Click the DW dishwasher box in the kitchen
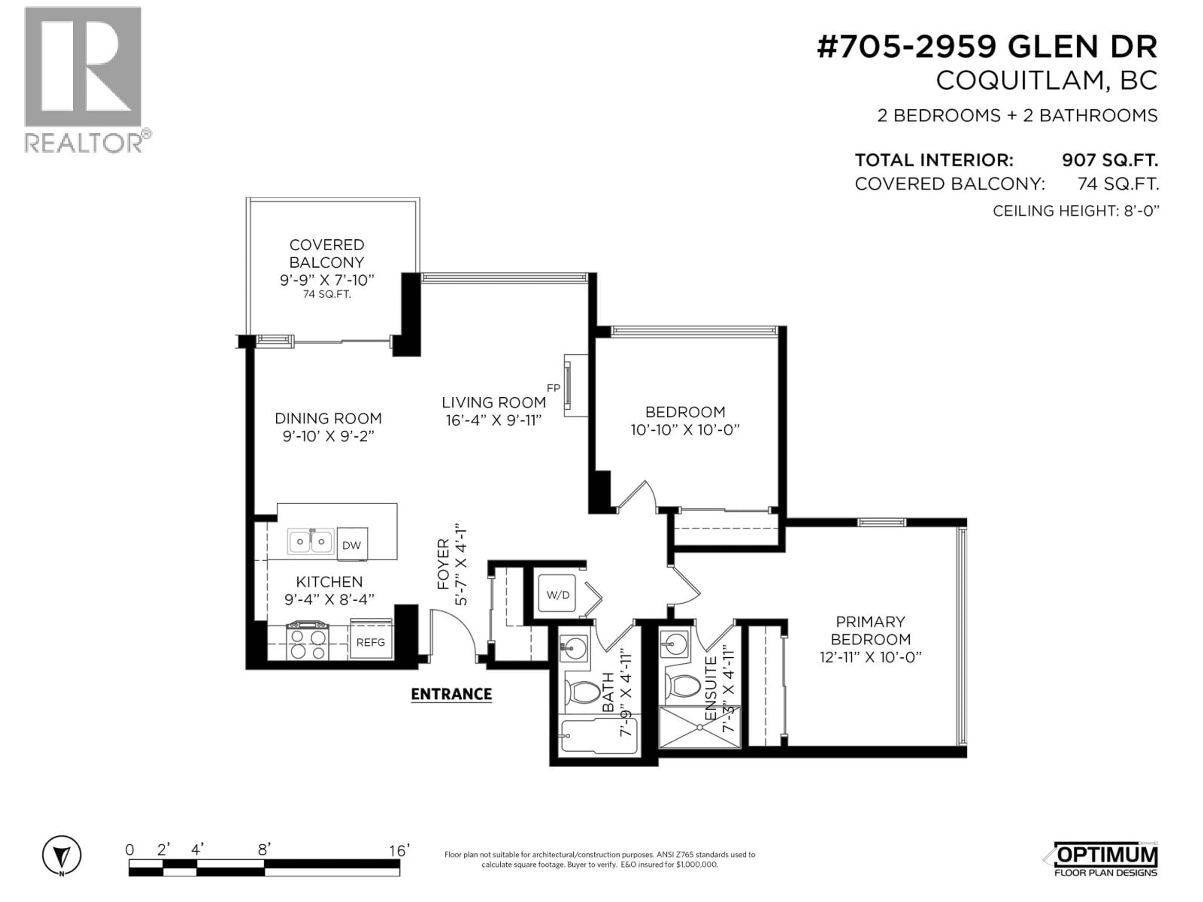point(352,545)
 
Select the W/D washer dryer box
point(557,595)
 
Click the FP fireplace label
point(553,388)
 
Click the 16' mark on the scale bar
point(399,851)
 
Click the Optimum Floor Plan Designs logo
point(1106,860)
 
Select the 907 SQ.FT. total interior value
point(1109,160)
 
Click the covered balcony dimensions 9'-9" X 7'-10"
point(327,280)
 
